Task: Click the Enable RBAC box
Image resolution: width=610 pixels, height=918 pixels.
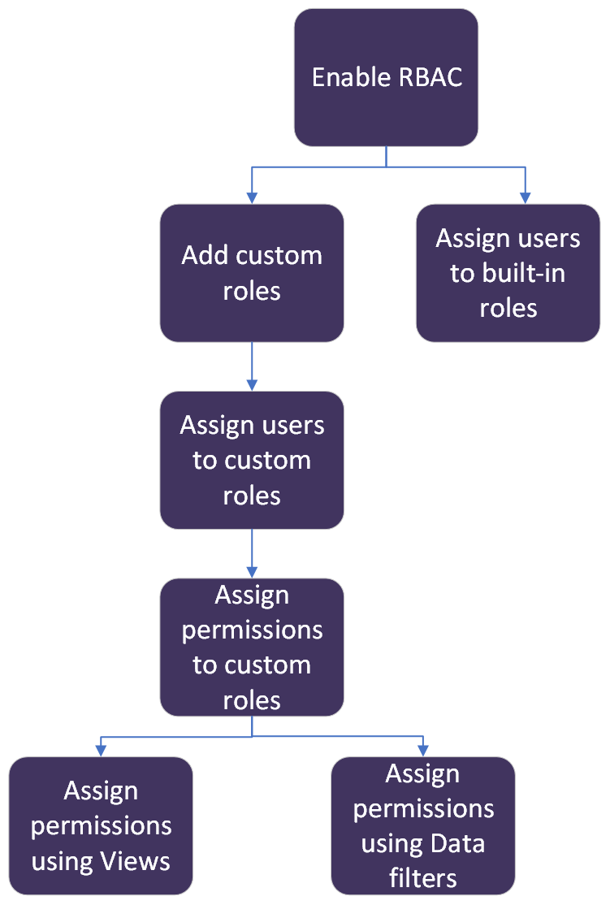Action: click(x=386, y=77)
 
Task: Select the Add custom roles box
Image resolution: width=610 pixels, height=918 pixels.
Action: click(x=252, y=273)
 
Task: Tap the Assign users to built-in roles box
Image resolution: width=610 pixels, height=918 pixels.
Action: click(x=508, y=273)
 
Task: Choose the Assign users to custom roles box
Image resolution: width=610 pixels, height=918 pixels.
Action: click(x=252, y=460)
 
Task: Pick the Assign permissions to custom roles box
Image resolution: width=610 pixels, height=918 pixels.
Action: click(x=252, y=647)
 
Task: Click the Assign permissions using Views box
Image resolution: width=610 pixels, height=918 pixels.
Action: click(x=101, y=825)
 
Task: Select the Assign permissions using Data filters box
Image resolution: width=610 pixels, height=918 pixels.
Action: click(x=422, y=825)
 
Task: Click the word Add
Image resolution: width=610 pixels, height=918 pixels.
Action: click(x=203, y=255)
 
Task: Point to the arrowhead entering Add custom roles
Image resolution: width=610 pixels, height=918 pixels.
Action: click(x=252, y=197)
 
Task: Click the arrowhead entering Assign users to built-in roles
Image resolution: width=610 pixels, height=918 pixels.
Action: click(x=525, y=197)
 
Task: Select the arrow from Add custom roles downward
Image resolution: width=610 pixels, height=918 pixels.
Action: click(x=252, y=366)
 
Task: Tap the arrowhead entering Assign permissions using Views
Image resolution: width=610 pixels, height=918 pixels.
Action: click(x=101, y=750)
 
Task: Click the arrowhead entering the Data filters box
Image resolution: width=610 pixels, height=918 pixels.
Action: click(x=422, y=750)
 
